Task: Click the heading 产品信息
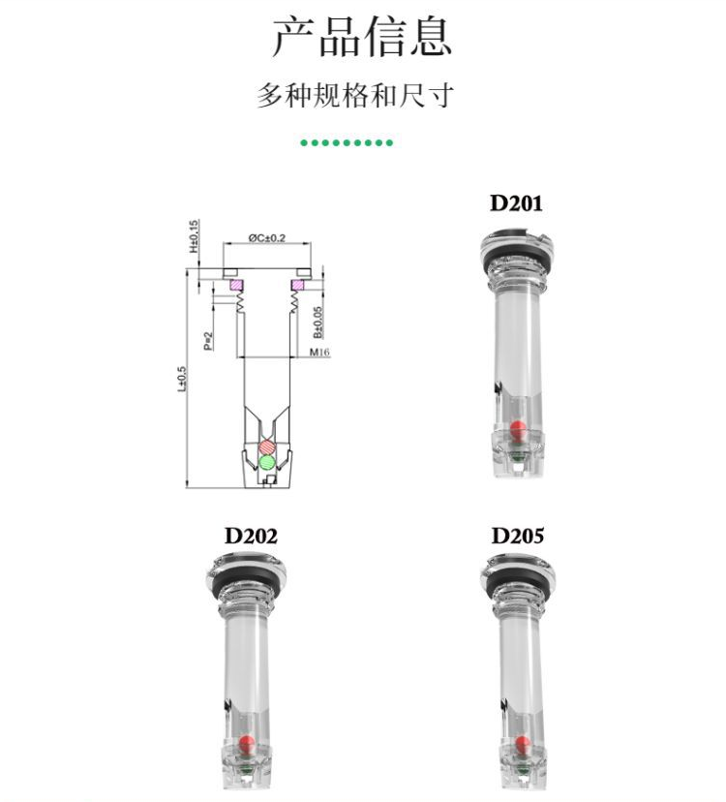(x=362, y=37)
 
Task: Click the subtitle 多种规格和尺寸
(x=355, y=95)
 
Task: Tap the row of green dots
(x=347, y=142)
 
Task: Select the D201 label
(x=516, y=203)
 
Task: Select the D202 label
(x=251, y=536)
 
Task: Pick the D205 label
(x=518, y=536)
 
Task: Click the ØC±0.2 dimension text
(x=267, y=238)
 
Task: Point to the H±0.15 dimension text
(x=194, y=235)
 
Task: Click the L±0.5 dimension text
(x=182, y=379)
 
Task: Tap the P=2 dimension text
(x=208, y=341)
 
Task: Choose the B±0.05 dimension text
(x=318, y=323)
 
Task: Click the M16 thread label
(x=319, y=352)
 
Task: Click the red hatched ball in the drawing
(x=267, y=447)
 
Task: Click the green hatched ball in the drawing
(x=267, y=462)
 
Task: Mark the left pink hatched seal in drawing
(x=237, y=285)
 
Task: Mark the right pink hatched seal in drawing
(x=297, y=285)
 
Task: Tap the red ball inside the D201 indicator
(x=519, y=429)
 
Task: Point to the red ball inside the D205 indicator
(x=522, y=744)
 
